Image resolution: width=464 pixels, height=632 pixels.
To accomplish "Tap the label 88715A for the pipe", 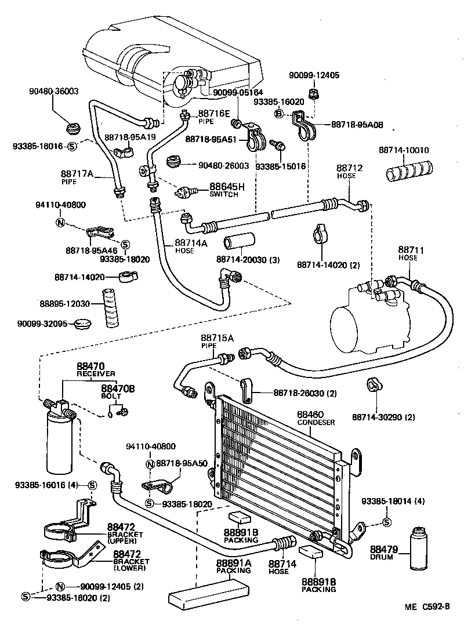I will coord(217,338).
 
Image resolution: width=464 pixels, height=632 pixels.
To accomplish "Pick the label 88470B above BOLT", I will coord(118,388).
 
